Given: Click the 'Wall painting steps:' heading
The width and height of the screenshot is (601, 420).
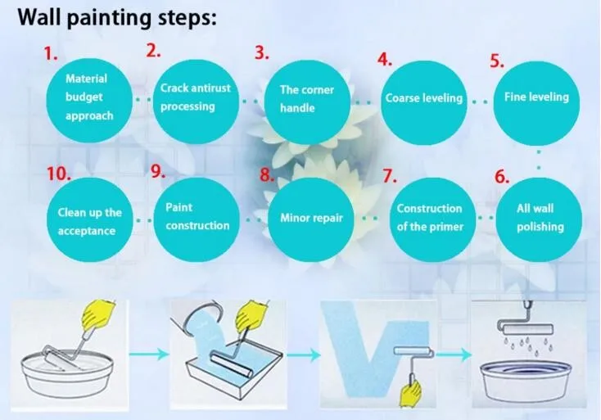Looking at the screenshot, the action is [x=111, y=18].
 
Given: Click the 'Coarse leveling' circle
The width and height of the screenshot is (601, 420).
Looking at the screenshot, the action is [x=423, y=98].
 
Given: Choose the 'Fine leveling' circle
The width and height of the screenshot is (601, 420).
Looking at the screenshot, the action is [x=535, y=97].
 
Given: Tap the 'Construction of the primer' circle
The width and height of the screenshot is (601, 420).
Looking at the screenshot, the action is [x=429, y=218].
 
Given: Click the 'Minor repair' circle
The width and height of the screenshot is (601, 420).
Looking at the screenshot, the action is [x=311, y=218].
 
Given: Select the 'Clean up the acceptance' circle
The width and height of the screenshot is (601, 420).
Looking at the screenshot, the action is [x=90, y=221].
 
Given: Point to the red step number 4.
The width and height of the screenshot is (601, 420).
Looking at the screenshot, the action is [x=384, y=60].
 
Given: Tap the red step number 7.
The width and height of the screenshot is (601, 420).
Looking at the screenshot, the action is [x=389, y=176].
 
